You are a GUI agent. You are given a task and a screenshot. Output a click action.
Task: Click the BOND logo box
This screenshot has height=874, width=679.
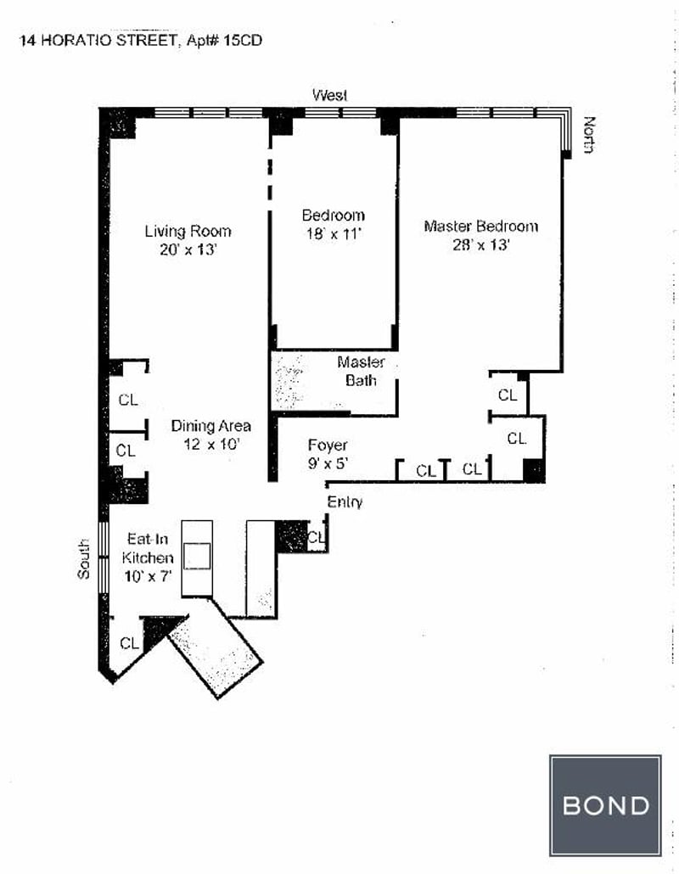coord(604,804)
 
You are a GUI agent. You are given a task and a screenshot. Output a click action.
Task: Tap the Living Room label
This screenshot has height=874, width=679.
coord(188,231)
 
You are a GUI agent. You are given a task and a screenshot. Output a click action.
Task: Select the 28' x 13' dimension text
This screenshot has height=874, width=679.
coord(480,245)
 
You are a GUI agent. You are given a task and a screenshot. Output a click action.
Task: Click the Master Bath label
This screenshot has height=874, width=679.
coord(361,372)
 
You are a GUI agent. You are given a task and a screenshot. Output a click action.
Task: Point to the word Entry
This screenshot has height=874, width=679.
coord(345,502)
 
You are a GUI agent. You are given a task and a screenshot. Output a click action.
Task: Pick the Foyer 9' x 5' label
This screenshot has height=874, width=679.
coord(328,454)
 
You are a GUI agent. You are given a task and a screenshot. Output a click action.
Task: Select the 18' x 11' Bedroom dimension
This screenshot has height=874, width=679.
coord(333,233)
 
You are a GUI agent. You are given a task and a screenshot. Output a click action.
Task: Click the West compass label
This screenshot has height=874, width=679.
coord(329,95)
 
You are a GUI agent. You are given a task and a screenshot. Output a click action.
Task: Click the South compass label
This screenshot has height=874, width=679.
coord(83,559)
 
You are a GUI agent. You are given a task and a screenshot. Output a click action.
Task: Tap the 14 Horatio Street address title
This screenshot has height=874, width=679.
coord(97,39)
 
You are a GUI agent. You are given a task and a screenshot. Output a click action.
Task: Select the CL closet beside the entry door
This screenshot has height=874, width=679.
coord(316,536)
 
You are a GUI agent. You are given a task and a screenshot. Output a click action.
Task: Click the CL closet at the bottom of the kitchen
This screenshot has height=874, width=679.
coord(129,643)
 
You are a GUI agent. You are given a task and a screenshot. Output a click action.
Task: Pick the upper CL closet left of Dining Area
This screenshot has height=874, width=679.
coord(127,400)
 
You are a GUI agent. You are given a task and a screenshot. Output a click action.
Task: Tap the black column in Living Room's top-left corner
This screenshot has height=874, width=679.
coord(118,124)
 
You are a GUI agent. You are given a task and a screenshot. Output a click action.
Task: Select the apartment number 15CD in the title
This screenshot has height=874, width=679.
coord(241,39)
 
